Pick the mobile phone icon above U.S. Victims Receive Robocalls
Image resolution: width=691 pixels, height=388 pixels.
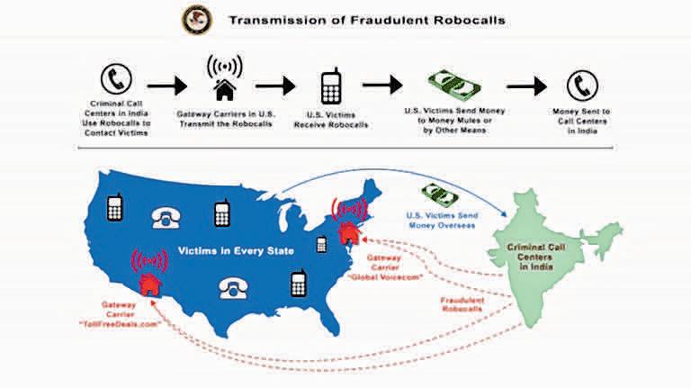tap(330, 86)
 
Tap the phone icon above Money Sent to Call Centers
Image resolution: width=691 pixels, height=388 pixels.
tap(581, 86)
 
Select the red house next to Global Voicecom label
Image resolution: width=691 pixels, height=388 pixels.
tap(347, 234)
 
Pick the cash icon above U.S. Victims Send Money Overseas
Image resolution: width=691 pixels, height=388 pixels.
tap(447, 194)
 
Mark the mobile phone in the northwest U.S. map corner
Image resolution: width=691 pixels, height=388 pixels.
tap(113, 208)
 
